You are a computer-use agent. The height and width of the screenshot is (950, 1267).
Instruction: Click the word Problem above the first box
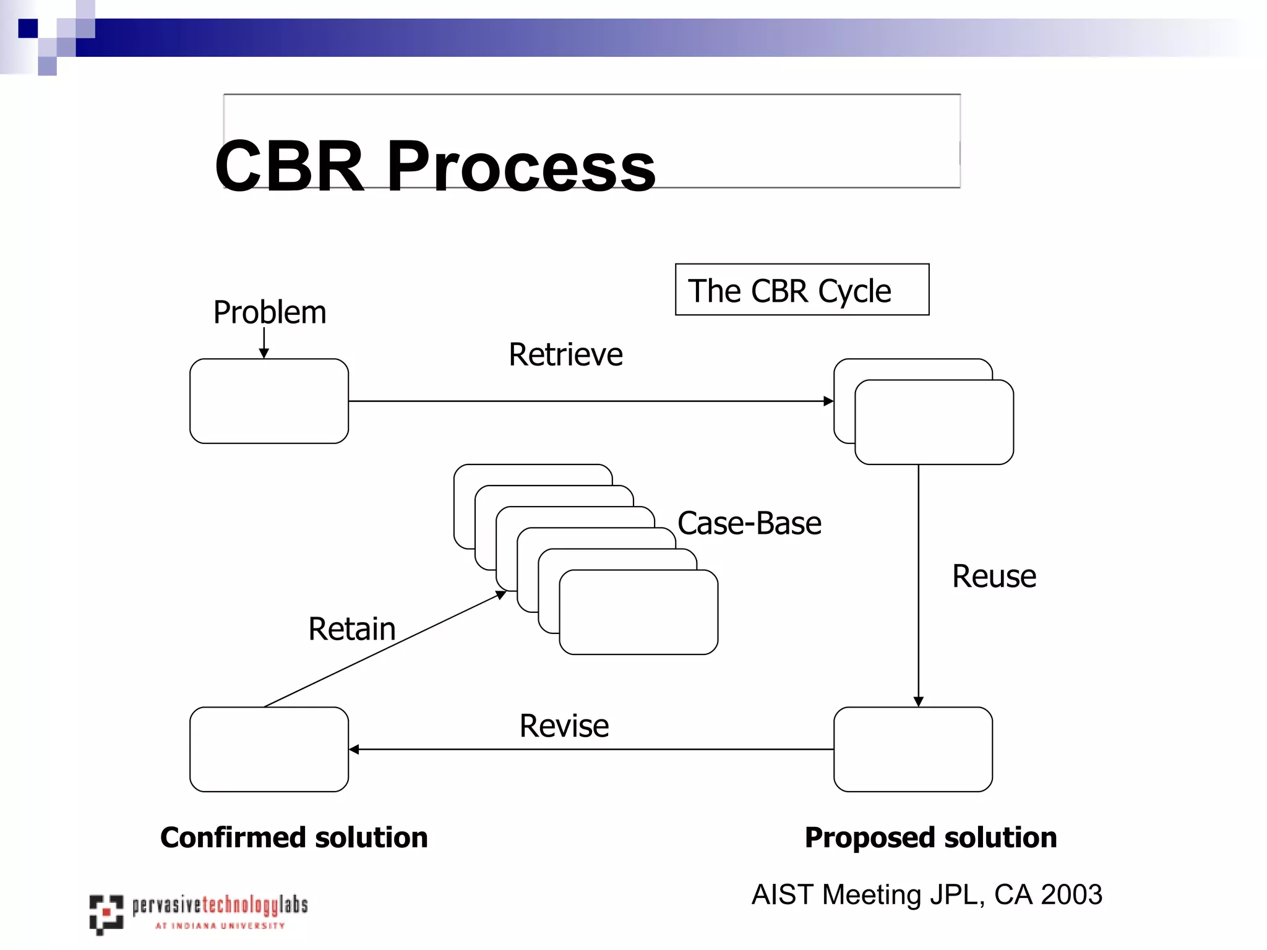click(x=270, y=312)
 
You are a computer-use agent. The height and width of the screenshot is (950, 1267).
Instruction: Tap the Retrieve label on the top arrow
click(x=565, y=355)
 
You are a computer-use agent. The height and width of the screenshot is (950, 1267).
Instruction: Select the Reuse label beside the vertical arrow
click(x=994, y=576)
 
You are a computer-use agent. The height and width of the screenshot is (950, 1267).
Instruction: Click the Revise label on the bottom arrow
click(x=564, y=726)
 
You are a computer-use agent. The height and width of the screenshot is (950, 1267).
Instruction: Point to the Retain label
click(x=351, y=629)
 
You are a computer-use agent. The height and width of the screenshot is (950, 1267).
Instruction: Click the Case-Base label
click(x=749, y=524)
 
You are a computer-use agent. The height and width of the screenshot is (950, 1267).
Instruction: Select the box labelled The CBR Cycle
click(x=802, y=290)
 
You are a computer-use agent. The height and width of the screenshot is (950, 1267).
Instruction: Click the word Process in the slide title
click(x=521, y=166)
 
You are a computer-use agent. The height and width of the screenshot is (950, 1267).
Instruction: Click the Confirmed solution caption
click(x=294, y=837)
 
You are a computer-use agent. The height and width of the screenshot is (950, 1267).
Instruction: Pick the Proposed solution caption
click(x=930, y=837)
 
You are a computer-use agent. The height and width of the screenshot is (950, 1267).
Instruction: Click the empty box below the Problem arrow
click(x=269, y=401)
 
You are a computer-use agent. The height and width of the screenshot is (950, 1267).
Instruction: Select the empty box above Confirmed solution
click(x=269, y=749)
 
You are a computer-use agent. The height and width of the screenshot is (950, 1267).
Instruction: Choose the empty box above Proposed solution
click(x=913, y=749)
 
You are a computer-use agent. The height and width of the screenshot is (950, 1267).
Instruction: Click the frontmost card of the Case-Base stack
click(x=638, y=612)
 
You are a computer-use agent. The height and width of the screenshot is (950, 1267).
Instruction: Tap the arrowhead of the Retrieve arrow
click(x=828, y=401)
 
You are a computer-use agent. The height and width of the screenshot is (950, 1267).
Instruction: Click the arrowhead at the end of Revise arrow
click(x=354, y=750)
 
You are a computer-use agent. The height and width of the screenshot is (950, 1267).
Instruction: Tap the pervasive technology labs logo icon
click(x=106, y=914)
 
